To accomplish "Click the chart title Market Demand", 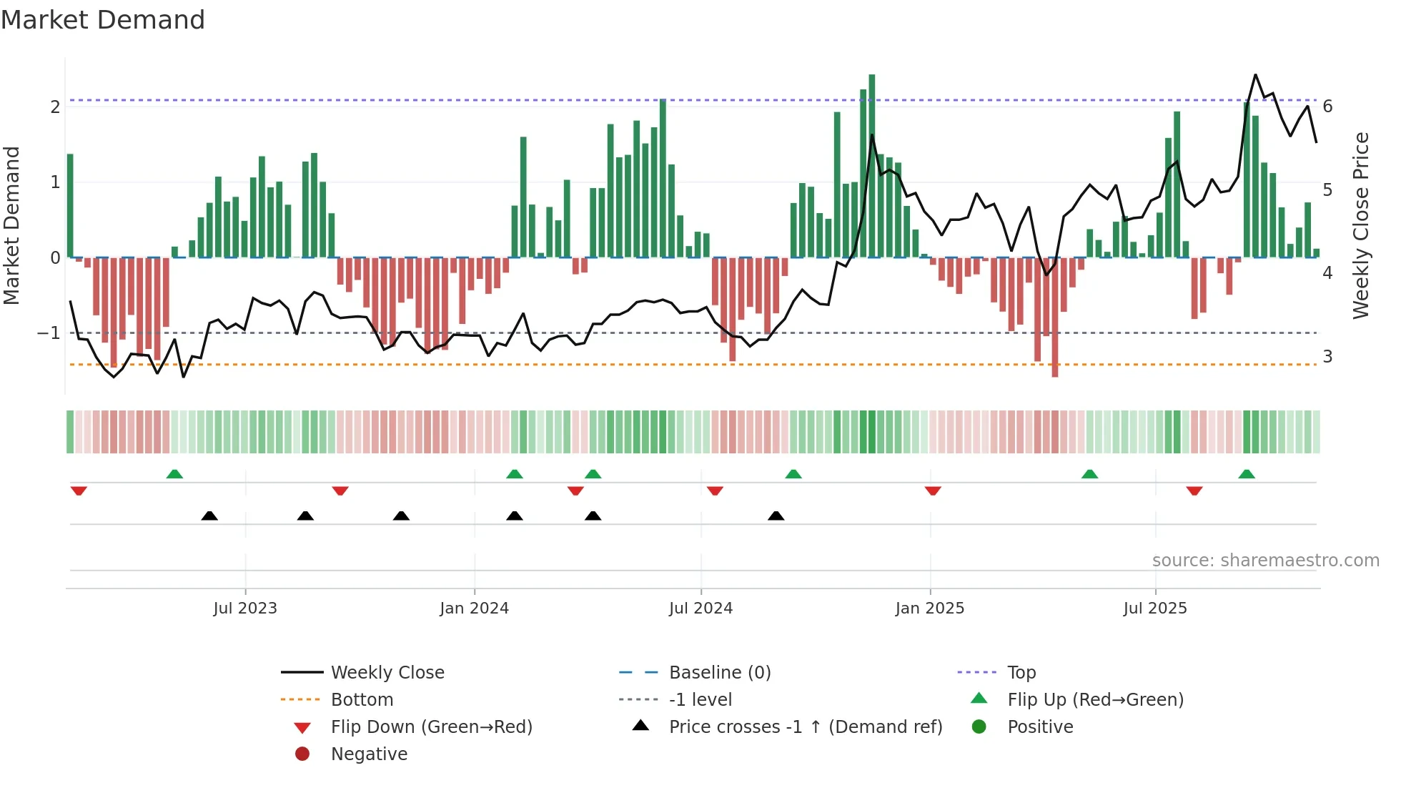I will [x=103, y=20].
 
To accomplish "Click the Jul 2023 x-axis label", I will [x=244, y=609].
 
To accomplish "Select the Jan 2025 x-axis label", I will [x=929, y=609].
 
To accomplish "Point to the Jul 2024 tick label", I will [x=700, y=609].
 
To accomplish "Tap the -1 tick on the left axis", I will [x=49, y=333].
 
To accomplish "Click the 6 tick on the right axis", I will [x=1327, y=107].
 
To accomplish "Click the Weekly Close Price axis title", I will [x=1360, y=225].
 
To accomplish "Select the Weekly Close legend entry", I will [x=387, y=673].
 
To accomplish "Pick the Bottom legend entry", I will [x=362, y=700].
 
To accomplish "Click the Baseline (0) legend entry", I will [x=719, y=673].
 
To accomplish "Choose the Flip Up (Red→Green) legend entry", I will [x=1095, y=700].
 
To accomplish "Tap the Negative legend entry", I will [x=369, y=754].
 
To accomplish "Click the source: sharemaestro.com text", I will [x=1265, y=561].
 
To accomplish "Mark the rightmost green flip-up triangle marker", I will [x=1247, y=474].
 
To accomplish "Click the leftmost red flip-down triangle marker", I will [x=79, y=491].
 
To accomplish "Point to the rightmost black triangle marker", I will [x=776, y=516].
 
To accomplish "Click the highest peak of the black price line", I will [x=1255, y=75].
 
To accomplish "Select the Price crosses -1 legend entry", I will [x=805, y=727].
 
